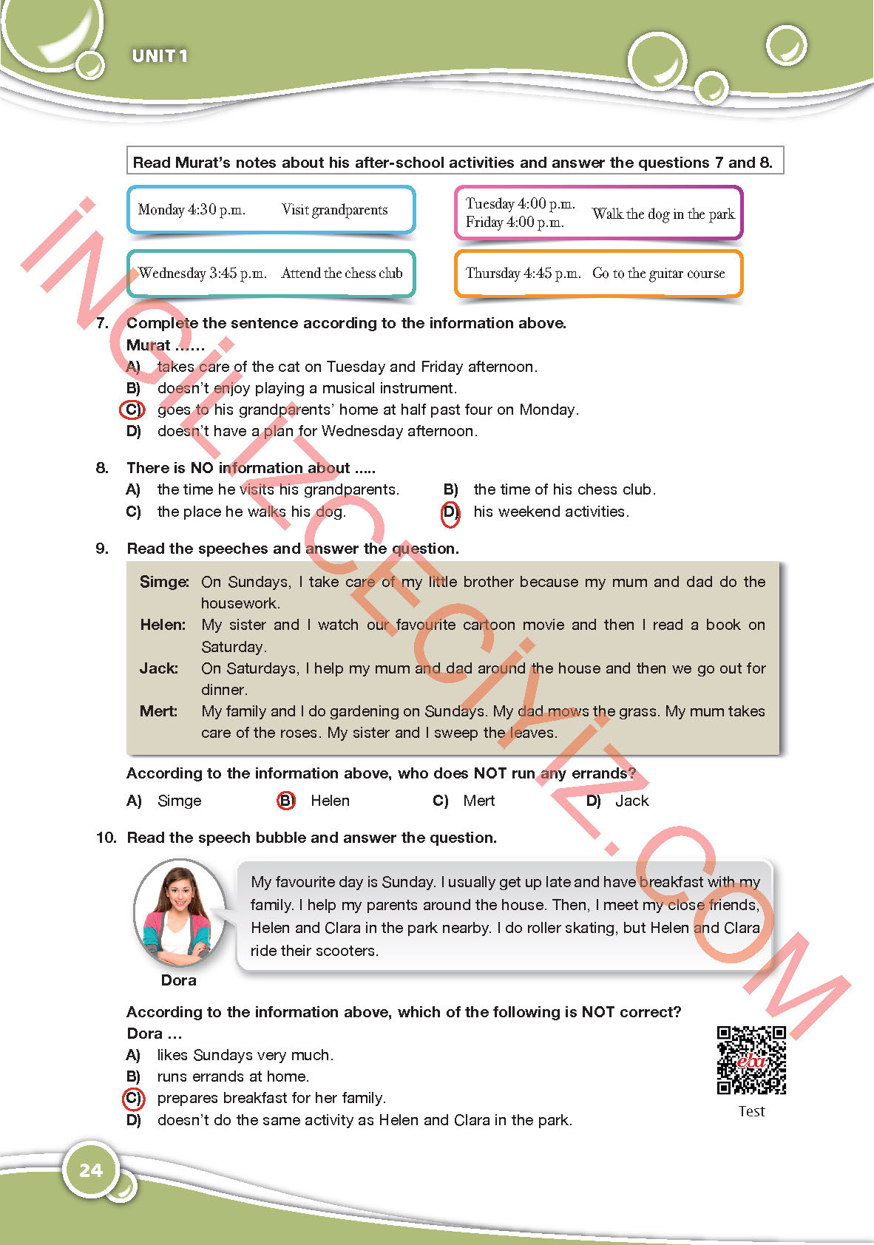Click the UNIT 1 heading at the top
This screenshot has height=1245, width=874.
pos(160,56)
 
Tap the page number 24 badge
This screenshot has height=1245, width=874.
pos(91,1170)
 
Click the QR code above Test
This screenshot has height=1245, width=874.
pos(751,1060)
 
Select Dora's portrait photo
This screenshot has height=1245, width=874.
pos(179,914)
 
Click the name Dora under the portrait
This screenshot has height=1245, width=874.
pos(179,980)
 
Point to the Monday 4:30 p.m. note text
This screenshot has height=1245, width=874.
pos(192,210)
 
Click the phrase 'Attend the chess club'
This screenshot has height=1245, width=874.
pos(342,274)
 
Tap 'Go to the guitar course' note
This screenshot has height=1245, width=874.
pos(658,274)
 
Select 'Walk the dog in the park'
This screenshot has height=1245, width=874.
pos(663,214)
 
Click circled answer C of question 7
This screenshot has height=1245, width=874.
pos(132,410)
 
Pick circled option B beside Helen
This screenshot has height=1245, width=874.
pos(285,801)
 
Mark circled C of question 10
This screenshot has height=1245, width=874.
pos(132,1099)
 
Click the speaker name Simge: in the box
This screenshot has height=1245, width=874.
pos(164,582)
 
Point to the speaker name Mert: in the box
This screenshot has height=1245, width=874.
pos(159,711)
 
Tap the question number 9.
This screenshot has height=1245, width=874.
pos(102,549)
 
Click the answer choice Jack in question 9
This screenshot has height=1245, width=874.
pos(632,801)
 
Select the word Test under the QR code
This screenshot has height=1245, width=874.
pos(751,1111)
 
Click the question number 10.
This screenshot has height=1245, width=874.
pos(106,838)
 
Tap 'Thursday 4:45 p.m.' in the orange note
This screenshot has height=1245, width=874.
pos(523,274)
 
